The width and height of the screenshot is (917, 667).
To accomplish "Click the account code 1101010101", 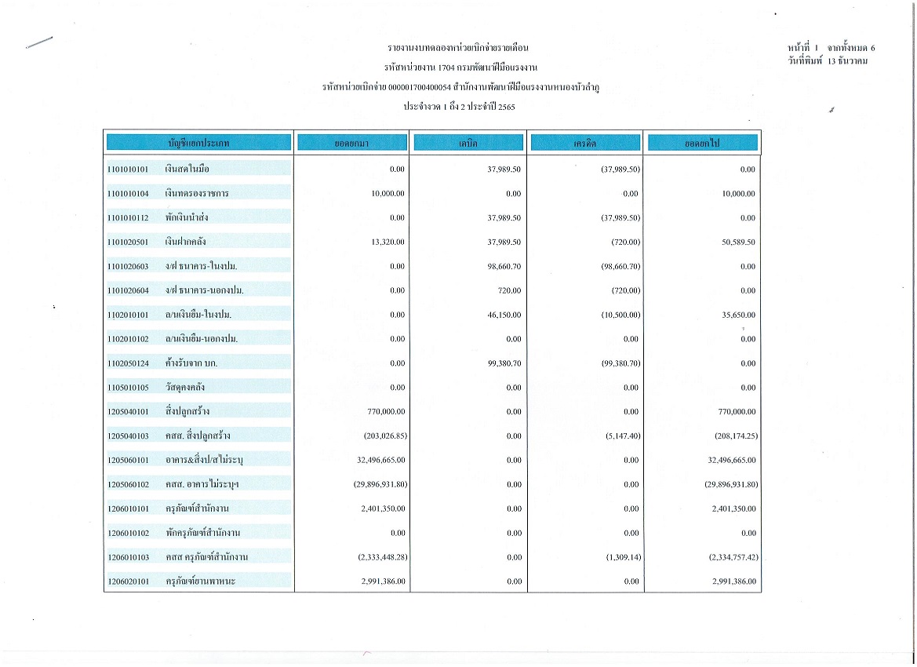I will (129, 169).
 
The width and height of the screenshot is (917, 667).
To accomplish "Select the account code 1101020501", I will (129, 242).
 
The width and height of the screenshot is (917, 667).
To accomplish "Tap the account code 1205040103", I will (129, 436).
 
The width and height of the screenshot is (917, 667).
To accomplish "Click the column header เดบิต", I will (469, 144).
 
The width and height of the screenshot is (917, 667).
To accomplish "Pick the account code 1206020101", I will (129, 581).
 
